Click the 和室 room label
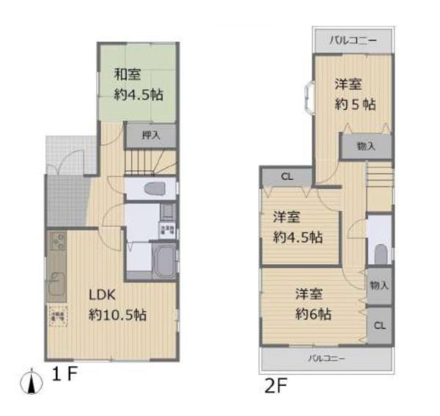pos(128,73)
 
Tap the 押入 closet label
pos(150,135)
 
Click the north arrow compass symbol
pos(30,381)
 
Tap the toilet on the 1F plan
pos(154,189)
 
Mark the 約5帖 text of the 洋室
pos(356,104)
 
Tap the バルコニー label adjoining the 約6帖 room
pos(326,358)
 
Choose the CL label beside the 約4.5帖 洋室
pos(287,177)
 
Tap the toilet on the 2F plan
pos(380,253)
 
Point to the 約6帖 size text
pos(314,314)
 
